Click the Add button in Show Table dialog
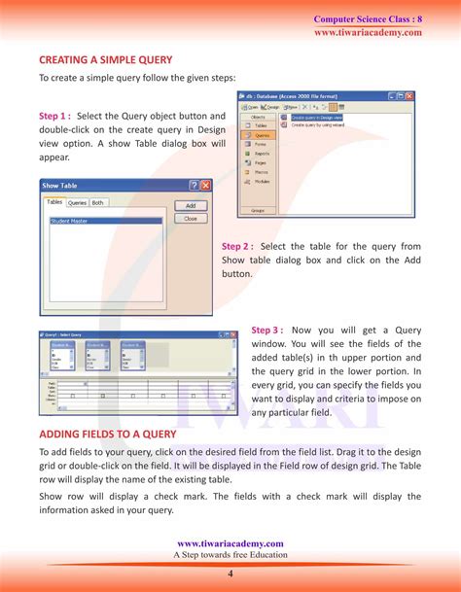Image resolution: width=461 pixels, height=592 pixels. point(191,205)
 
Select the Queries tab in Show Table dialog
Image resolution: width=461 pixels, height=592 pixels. point(77,203)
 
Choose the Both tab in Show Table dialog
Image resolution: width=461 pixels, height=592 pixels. point(98,203)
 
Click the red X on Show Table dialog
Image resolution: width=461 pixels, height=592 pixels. point(205,185)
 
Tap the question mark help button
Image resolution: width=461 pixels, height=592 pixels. point(194,185)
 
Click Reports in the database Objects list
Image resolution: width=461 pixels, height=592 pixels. point(264,154)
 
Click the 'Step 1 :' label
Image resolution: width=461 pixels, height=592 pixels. point(54,117)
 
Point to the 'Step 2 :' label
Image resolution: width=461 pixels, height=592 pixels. point(237,246)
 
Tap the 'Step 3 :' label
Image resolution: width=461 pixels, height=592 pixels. point(267,330)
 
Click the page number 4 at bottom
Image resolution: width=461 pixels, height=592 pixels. point(230,575)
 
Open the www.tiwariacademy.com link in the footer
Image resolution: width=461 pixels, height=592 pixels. point(230,543)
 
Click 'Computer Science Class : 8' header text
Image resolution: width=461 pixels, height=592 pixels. point(368,19)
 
